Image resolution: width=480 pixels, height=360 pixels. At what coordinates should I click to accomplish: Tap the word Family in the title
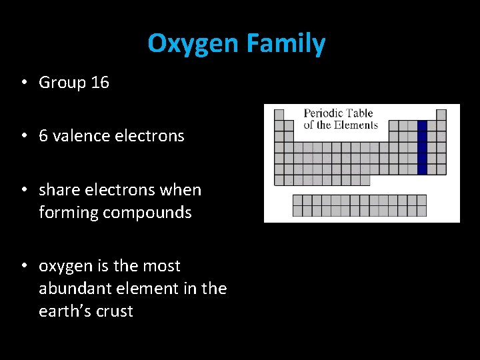(x=285, y=44)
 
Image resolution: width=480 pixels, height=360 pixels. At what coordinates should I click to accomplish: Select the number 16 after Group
(x=100, y=83)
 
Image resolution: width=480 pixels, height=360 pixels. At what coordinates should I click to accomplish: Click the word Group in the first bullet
(x=63, y=83)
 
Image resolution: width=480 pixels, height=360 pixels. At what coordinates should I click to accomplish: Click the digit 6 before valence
(x=43, y=136)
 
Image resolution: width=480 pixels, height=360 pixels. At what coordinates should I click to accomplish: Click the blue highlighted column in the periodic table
(x=421, y=147)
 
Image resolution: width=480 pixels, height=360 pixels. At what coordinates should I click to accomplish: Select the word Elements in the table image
(x=356, y=125)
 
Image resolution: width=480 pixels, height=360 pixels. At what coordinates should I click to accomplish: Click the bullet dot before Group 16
(x=23, y=83)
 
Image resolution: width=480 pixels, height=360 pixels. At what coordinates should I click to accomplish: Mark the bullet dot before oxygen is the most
(x=23, y=266)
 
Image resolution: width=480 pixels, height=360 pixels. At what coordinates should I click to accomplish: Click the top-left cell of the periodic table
(x=279, y=115)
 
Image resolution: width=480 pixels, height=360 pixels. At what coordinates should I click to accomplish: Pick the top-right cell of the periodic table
(x=441, y=115)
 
